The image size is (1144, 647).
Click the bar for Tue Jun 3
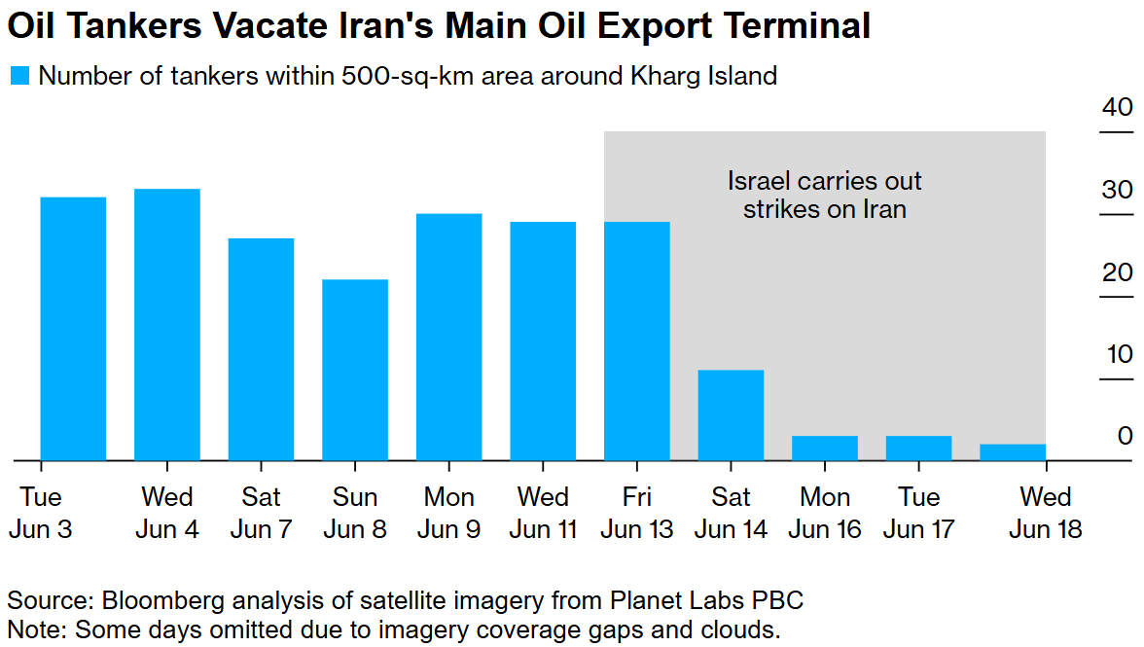coord(73,328)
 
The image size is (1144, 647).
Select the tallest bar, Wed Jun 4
coord(167,324)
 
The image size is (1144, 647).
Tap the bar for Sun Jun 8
coord(355,370)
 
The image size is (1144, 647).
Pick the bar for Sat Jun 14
coord(731,414)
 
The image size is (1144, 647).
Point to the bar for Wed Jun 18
coord(1013,451)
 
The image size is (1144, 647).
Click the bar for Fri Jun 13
coord(637,341)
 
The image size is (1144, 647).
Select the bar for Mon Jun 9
coord(449,336)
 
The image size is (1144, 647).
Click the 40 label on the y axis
coord(1117,107)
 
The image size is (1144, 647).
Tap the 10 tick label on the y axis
coord(1118,354)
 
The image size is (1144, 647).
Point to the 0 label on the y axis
coord(1125,436)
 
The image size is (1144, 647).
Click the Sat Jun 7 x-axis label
coord(261,513)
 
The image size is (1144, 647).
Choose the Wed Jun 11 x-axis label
coord(543,513)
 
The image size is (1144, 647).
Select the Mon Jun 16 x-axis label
coord(825,513)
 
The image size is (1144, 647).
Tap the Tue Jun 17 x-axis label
coord(918,513)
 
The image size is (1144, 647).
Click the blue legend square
coord(19,76)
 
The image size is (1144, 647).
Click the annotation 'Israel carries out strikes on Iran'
coord(825,195)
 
